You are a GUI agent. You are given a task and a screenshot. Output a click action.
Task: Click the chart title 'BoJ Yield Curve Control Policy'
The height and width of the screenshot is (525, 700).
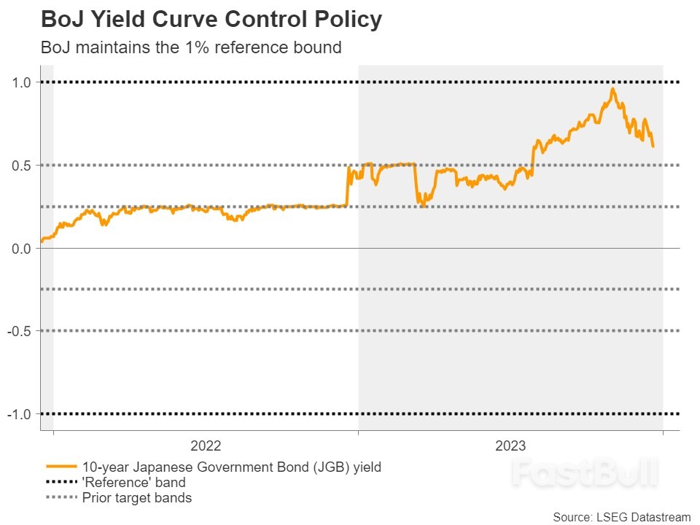pyautogui.click(x=211, y=20)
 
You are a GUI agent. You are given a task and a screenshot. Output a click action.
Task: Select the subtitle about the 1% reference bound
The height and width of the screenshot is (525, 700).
pyautogui.click(x=191, y=48)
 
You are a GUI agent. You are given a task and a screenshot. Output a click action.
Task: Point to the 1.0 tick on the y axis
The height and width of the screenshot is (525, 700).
pyautogui.click(x=21, y=82)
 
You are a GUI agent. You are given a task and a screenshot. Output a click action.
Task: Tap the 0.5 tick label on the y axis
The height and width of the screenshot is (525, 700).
pyautogui.click(x=21, y=166)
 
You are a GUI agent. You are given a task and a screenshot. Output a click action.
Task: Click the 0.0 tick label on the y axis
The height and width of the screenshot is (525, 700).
pyautogui.click(x=21, y=249)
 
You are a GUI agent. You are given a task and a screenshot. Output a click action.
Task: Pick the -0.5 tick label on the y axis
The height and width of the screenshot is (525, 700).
pyautogui.click(x=19, y=331)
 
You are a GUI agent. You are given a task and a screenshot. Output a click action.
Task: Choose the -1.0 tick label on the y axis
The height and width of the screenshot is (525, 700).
pyautogui.click(x=19, y=414)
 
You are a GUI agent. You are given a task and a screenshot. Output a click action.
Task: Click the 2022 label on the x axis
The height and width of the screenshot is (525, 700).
pyautogui.click(x=206, y=446)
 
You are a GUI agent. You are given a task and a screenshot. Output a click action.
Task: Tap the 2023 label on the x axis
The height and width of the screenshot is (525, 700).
pyautogui.click(x=510, y=446)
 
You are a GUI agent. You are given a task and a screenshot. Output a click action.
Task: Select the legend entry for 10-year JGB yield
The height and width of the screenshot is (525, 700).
pyautogui.click(x=231, y=467)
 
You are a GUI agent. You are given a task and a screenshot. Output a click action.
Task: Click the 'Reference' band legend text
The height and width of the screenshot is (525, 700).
pyautogui.click(x=133, y=483)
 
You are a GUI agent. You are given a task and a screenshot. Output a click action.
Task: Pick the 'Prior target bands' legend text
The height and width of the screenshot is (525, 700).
pyautogui.click(x=137, y=498)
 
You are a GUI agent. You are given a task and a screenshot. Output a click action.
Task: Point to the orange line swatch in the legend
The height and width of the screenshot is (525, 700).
pyautogui.click(x=61, y=467)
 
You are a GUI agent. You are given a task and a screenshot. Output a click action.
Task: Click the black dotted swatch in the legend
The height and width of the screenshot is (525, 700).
pyautogui.click(x=61, y=483)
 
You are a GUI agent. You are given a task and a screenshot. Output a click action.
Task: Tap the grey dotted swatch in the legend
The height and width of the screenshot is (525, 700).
pyautogui.click(x=61, y=498)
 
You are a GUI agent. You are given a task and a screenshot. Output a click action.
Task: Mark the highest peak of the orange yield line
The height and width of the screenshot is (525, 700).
pyautogui.click(x=612, y=89)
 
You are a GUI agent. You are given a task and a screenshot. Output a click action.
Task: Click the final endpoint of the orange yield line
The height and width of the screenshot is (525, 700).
pyautogui.click(x=653, y=147)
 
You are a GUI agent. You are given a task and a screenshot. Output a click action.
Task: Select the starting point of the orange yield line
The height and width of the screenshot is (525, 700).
pyautogui.click(x=42, y=241)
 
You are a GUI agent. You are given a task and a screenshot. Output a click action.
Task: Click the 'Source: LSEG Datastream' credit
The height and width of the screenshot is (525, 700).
pyautogui.click(x=621, y=516)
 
